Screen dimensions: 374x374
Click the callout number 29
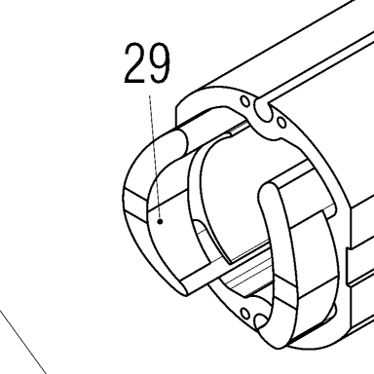click(x=147, y=62)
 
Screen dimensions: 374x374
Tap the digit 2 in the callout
click(x=134, y=62)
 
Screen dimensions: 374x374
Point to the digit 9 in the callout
click(x=159, y=62)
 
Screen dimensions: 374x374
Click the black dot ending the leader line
click(x=160, y=222)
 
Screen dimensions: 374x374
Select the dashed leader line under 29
click(x=155, y=157)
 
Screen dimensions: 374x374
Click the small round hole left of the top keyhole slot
click(x=245, y=101)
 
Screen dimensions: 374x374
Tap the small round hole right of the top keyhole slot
click(x=282, y=123)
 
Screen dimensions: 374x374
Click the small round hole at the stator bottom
click(x=244, y=314)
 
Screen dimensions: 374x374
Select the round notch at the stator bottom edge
click(x=260, y=322)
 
